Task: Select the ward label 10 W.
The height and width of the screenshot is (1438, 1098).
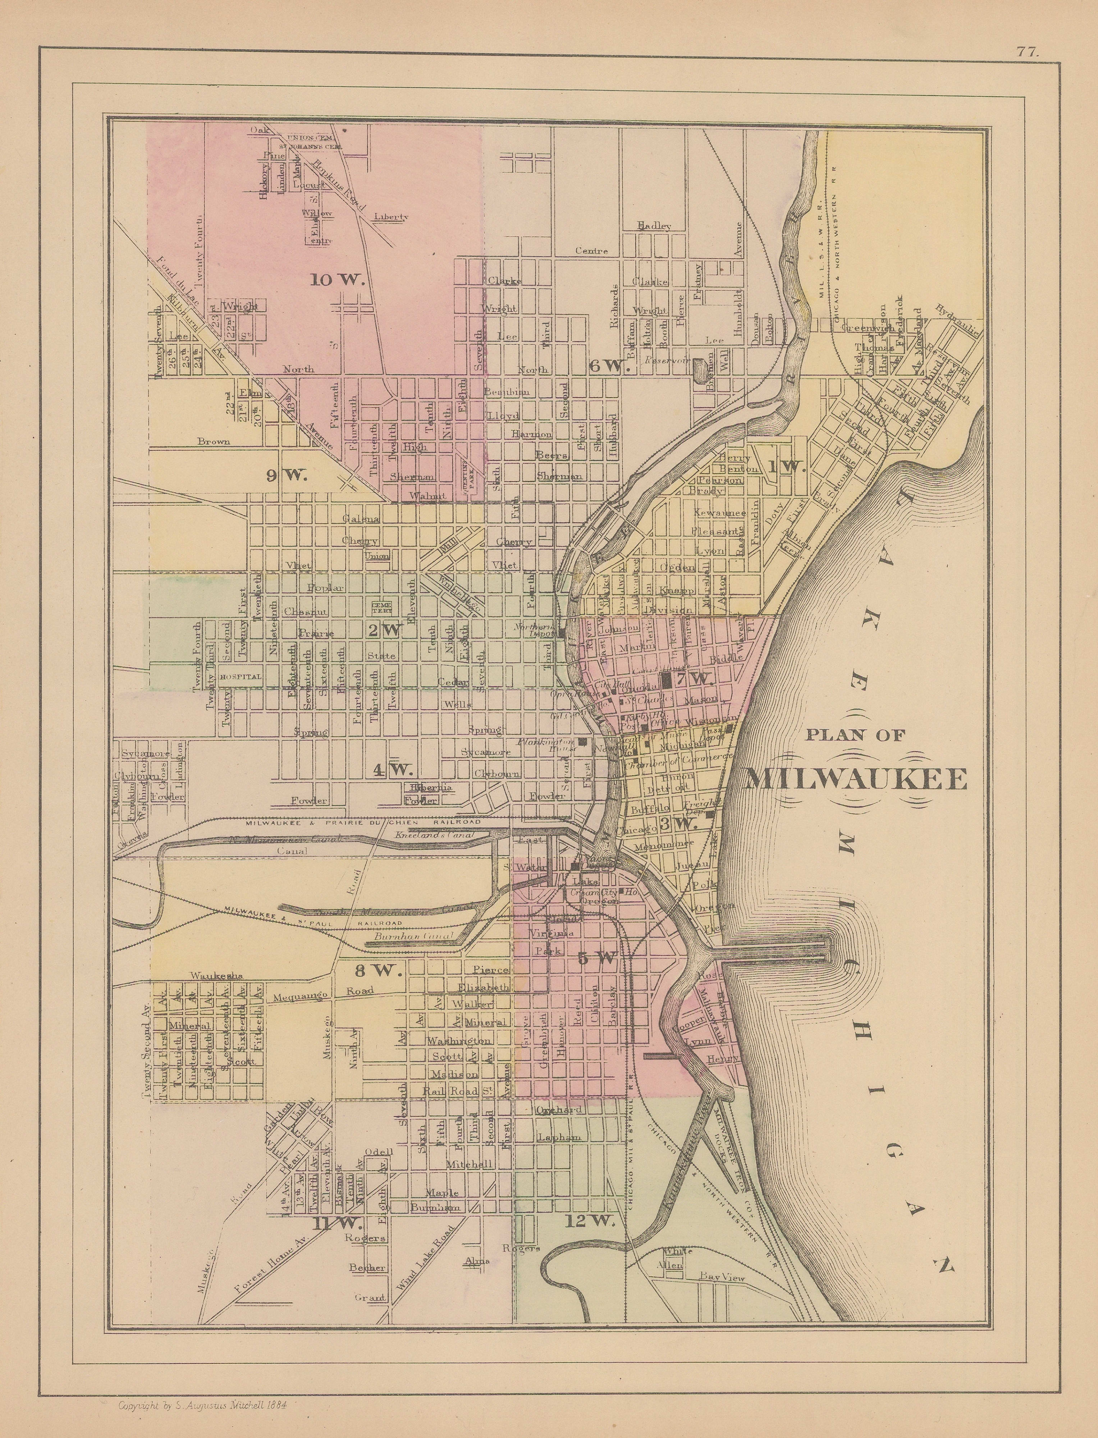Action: (337, 280)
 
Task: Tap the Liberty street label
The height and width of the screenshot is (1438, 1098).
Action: (392, 216)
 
